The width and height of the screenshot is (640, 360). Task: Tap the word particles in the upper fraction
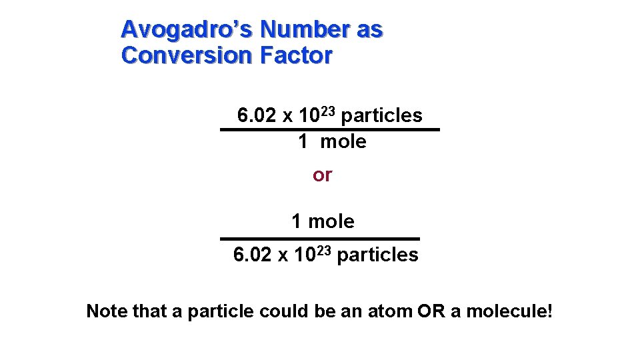[381, 116]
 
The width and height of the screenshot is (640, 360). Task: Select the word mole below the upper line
[343, 141]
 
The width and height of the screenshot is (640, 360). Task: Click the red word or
[323, 175]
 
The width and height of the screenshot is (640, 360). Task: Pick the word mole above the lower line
[331, 221]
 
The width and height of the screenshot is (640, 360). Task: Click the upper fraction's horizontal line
[330, 129]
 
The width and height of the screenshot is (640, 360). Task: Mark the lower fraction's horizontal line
[320, 238]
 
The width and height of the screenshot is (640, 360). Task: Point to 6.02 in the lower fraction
[252, 255]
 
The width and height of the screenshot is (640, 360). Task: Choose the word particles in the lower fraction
[377, 255]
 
